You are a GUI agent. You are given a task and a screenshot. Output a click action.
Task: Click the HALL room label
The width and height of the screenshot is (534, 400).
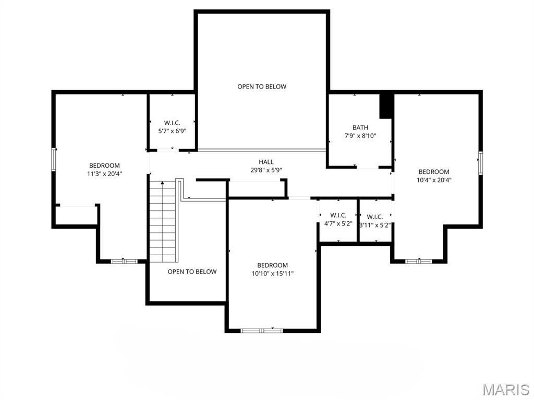[x=266, y=162]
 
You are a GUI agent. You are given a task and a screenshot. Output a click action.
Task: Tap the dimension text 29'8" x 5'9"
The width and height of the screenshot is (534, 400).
[x=266, y=170]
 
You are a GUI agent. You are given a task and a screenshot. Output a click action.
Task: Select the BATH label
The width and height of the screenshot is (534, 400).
[x=360, y=128]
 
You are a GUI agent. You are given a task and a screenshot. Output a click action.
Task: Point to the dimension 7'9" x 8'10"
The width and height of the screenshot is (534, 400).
[x=360, y=136]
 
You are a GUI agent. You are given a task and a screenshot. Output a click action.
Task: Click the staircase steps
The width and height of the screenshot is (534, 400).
[x=163, y=221]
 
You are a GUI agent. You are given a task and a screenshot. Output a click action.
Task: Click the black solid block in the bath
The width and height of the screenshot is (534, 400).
[x=386, y=106]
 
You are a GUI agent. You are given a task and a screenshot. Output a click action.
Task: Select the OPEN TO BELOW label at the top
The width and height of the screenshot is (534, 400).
[x=262, y=86]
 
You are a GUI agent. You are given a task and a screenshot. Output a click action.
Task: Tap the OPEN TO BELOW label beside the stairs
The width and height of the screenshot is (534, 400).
[x=192, y=271]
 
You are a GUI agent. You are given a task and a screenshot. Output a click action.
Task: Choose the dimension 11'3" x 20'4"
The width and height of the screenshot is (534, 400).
[x=104, y=174]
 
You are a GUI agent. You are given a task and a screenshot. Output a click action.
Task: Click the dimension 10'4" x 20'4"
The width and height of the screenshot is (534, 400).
[x=434, y=180]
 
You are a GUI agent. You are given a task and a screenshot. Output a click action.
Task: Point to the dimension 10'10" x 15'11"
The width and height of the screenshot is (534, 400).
[x=272, y=273]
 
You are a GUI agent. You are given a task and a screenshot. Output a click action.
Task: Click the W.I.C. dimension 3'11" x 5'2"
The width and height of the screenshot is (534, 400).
[x=375, y=225]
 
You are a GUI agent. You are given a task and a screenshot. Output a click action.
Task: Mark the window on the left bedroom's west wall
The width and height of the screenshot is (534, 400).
[x=53, y=159]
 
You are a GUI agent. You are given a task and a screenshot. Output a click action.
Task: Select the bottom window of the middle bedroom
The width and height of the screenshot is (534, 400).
[x=261, y=330]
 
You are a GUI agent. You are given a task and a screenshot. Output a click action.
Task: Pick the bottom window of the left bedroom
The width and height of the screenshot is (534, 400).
[x=124, y=261]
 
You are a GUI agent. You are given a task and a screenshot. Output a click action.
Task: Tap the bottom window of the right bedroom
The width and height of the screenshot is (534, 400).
[x=419, y=261]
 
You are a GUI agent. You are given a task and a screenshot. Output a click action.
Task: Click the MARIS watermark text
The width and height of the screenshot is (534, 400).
[x=505, y=390]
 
